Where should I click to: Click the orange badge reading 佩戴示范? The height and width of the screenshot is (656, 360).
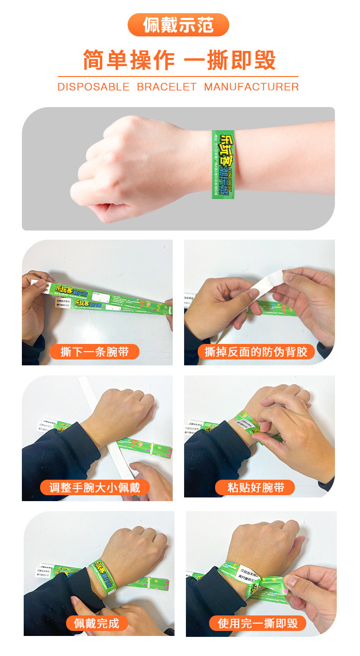click(x=178, y=25)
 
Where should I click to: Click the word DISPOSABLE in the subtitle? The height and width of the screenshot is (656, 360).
click(x=93, y=87)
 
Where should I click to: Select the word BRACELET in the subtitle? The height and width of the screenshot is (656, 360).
click(x=167, y=87)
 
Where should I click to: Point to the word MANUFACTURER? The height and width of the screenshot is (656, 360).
click(x=251, y=87)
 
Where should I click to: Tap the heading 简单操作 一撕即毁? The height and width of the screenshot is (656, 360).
click(x=179, y=60)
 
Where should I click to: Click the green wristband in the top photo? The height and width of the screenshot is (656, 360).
click(x=223, y=164)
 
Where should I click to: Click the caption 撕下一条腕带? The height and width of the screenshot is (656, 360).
click(x=94, y=352)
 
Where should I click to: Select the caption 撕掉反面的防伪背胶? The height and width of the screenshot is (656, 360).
click(x=256, y=352)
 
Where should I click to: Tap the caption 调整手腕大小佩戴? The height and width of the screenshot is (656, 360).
click(x=95, y=487)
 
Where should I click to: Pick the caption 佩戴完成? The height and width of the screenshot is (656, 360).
click(x=97, y=623)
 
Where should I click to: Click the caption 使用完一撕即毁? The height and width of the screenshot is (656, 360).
click(x=257, y=623)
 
